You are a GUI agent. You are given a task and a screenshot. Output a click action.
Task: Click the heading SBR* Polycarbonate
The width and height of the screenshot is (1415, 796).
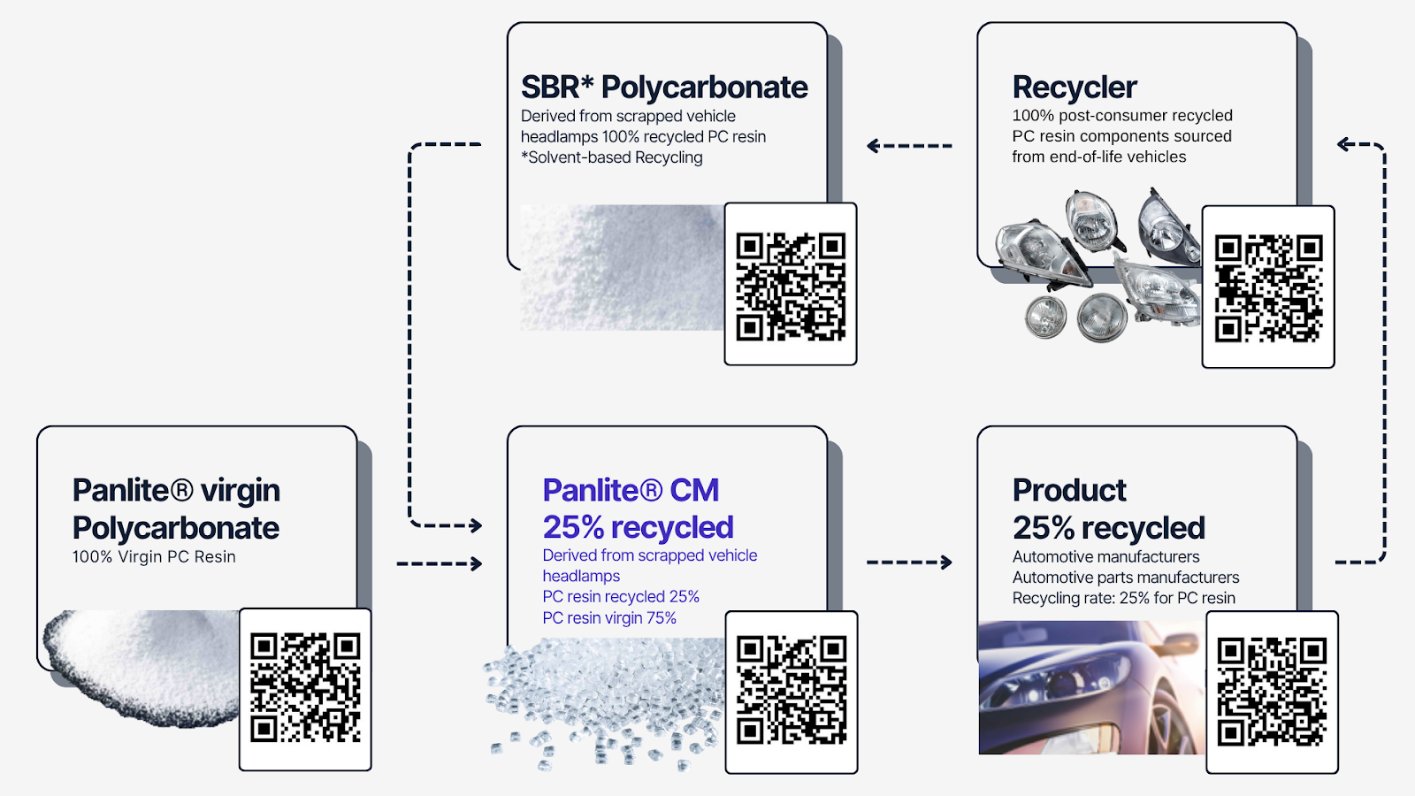point(664,88)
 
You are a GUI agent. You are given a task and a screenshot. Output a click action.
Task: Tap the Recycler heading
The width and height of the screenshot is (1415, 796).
point(1075,88)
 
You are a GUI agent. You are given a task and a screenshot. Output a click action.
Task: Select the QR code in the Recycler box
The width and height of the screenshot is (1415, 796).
point(1268,287)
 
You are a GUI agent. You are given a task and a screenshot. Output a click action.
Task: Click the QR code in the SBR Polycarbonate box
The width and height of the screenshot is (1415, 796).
point(791,286)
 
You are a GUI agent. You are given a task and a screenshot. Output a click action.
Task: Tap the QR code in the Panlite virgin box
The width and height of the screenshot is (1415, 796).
point(305,687)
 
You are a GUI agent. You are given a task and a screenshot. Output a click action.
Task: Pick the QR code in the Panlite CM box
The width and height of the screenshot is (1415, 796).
point(792,691)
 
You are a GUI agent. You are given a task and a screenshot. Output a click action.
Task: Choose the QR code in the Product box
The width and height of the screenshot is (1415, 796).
point(1272,692)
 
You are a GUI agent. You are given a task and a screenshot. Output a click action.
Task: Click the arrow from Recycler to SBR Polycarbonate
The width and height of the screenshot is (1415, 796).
point(909,146)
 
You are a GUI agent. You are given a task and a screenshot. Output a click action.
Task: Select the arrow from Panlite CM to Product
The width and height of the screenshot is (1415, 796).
point(909,563)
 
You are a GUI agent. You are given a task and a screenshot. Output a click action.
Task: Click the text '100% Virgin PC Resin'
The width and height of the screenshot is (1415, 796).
point(154,557)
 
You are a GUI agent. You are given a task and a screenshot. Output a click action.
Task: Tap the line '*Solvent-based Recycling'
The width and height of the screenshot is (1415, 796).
point(612,157)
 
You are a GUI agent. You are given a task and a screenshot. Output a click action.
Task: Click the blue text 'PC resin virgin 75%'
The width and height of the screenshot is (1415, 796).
point(609,618)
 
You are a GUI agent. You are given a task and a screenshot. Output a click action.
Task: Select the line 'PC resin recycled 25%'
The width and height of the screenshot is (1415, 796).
point(621,597)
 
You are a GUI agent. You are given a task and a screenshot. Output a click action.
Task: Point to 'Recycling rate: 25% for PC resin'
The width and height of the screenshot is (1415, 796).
point(1123,599)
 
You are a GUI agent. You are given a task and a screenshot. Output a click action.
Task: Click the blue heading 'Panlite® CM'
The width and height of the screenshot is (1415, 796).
point(631,490)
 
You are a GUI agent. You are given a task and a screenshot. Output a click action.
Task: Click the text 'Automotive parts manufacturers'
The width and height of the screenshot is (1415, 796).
point(1125,578)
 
